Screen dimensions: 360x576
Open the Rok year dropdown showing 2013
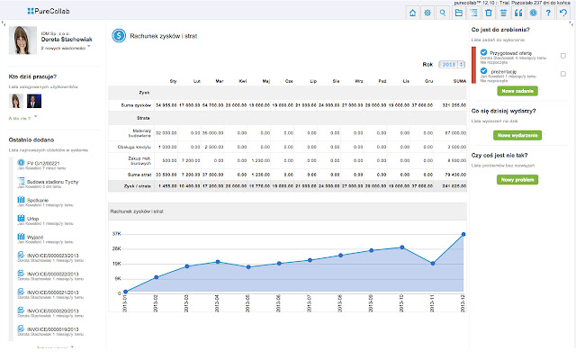pyautogui.click(x=454, y=65)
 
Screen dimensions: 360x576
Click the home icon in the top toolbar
pyautogui.click(x=413, y=13)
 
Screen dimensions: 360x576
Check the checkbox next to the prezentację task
pyautogui.click(x=562, y=74)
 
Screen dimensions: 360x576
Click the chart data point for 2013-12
pyautogui.click(x=463, y=234)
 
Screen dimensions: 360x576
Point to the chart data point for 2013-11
pyautogui.click(x=433, y=264)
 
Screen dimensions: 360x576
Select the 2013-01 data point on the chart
pyautogui.click(x=125, y=292)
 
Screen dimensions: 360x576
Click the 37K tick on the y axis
pyautogui.click(x=117, y=233)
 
